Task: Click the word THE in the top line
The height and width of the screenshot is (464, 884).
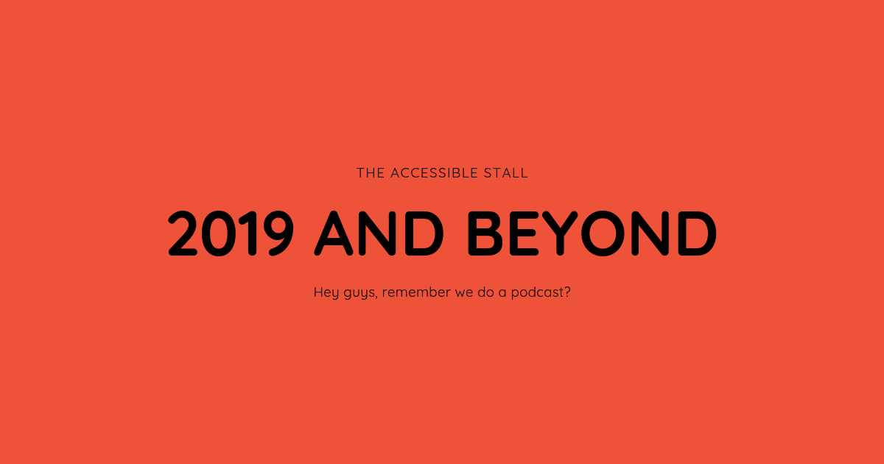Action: (371, 173)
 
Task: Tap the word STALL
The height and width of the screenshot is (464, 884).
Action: (506, 173)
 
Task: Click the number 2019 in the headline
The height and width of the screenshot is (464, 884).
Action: (231, 233)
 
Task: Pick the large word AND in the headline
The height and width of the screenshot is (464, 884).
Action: (379, 233)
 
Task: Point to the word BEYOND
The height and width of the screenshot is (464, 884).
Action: (592, 233)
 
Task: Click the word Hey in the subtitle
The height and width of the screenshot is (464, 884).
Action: (326, 293)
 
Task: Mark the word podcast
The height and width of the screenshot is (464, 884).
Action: (538, 293)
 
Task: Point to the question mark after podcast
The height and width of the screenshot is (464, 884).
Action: (567, 292)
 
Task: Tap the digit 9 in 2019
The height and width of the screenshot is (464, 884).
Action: (281, 233)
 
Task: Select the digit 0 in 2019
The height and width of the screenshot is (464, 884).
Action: (219, 233)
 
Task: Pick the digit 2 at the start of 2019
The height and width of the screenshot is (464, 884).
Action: (183, 233)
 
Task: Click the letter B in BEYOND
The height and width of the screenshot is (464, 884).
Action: (485, 233)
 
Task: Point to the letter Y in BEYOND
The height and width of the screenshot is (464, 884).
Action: (560, 233)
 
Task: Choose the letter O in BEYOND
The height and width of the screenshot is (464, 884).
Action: (603, 233)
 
